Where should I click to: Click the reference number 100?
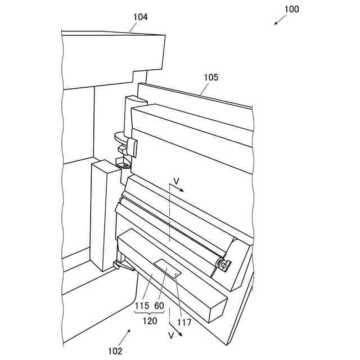tap(291, 9)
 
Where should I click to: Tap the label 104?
tap(140, 17)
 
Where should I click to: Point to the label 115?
tap(142, 305)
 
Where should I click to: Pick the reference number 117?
tap(183, 322)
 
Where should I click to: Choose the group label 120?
tap(149, 321)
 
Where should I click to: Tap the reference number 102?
tap(115, 351)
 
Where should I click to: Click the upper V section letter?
tap(176, 181)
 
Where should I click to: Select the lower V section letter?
tap(170, 335)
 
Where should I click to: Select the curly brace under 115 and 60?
tap(149, 313)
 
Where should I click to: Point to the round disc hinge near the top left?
tap(120, 137)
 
